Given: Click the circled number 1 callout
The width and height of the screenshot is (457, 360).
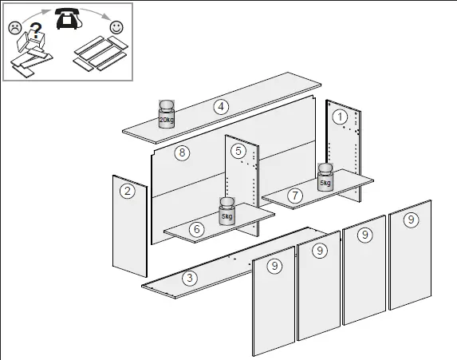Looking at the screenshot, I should pyautogui.click(x=341, y=117).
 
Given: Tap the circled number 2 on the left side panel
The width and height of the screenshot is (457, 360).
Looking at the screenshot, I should pyautogui.click(x=127, y=190).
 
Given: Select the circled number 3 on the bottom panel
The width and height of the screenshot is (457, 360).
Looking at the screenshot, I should pyautogui.click(x=189, y=278).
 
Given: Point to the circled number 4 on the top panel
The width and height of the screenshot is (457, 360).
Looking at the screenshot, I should pyautogui.click(x=221, y=106).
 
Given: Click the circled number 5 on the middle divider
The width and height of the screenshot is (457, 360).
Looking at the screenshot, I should pyautogui.click(x=238, y=150).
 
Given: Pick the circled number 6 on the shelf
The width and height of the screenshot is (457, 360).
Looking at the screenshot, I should pyautogui.click(x=196, y=228).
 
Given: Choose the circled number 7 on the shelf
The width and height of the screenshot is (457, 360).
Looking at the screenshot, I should pyautogui.click(x=294, y=194).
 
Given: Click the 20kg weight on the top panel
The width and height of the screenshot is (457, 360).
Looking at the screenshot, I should pyautogui.click(x=167, y=114).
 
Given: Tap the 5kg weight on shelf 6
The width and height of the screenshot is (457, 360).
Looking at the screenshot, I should pyautogui.click(x=227, y=212).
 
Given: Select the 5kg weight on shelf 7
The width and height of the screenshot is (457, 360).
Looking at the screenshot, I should pyautogui.click(x=325, y=178).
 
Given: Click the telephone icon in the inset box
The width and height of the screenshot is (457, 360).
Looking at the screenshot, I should pyautogui.click(x=66, y=20).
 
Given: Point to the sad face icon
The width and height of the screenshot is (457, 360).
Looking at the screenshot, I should pyautogui.click(x=15, y=28).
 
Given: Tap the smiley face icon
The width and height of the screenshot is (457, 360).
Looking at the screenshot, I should pyautogui.click(x=116, y=27).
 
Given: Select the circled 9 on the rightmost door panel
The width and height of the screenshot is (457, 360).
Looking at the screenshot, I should pyautogui.click(x=410, y=219).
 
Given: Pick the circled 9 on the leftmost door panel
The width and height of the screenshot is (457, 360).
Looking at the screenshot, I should pyautogui.click(x=274, y=267).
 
